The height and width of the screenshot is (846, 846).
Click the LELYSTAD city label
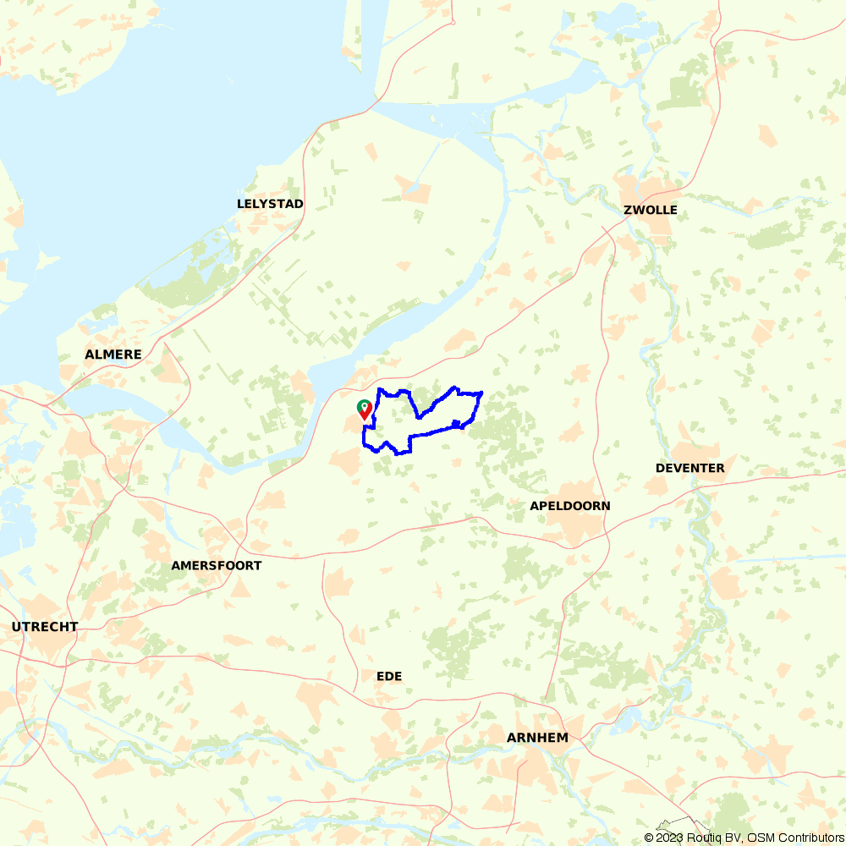pyautogui.click(x=270, y=204)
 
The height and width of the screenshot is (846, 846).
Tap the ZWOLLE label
pyautogui.click(x=650, y=210)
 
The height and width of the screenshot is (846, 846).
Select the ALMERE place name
pyautogui.click(x=113, y=354)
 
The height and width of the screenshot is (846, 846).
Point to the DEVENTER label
pyautogui.click(x=689, y=468)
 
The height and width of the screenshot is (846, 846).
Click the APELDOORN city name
pyautogui.click(x=569, y=506)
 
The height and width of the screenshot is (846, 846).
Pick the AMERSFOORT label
pyautogui.click(x=217, y=565)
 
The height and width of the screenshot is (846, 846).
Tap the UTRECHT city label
pyautogui.click(x=45, y=627)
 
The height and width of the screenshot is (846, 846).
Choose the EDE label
pyautogui.click(x=389, y=676)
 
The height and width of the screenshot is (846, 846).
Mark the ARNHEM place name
pyautogui.click(x=537, y=738)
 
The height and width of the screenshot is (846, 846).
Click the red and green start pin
pyautogui.click(x=364, y=410)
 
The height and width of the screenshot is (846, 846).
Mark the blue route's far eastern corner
pyautogui.click(x=481, y=393)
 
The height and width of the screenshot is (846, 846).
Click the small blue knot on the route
pyautogui.click(x=457, y=422)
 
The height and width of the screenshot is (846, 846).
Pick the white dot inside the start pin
pyautogui.click(x=364, y=405)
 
